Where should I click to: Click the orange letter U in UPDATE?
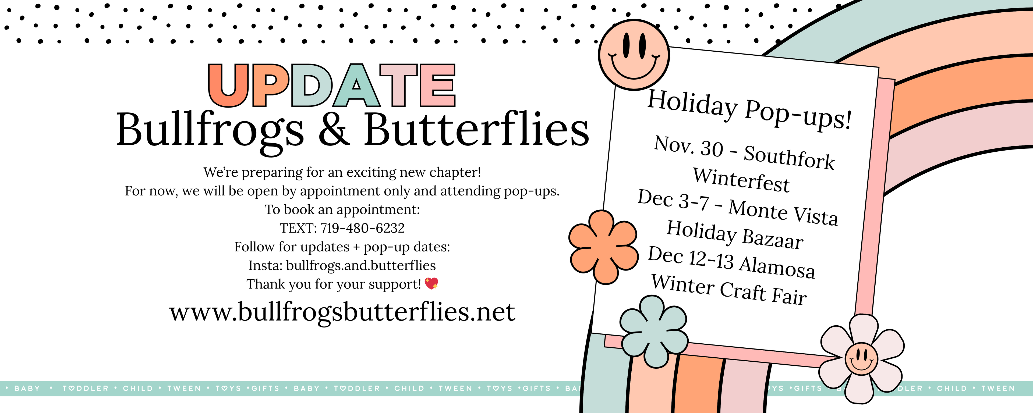pos(228,86)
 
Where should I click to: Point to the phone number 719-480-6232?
pos(363,228)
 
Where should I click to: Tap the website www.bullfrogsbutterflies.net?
pos(342,312)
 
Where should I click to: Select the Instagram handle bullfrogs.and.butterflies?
pos(361,265)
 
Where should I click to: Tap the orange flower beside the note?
pos(603,247)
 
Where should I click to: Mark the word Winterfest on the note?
pos(741,180)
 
